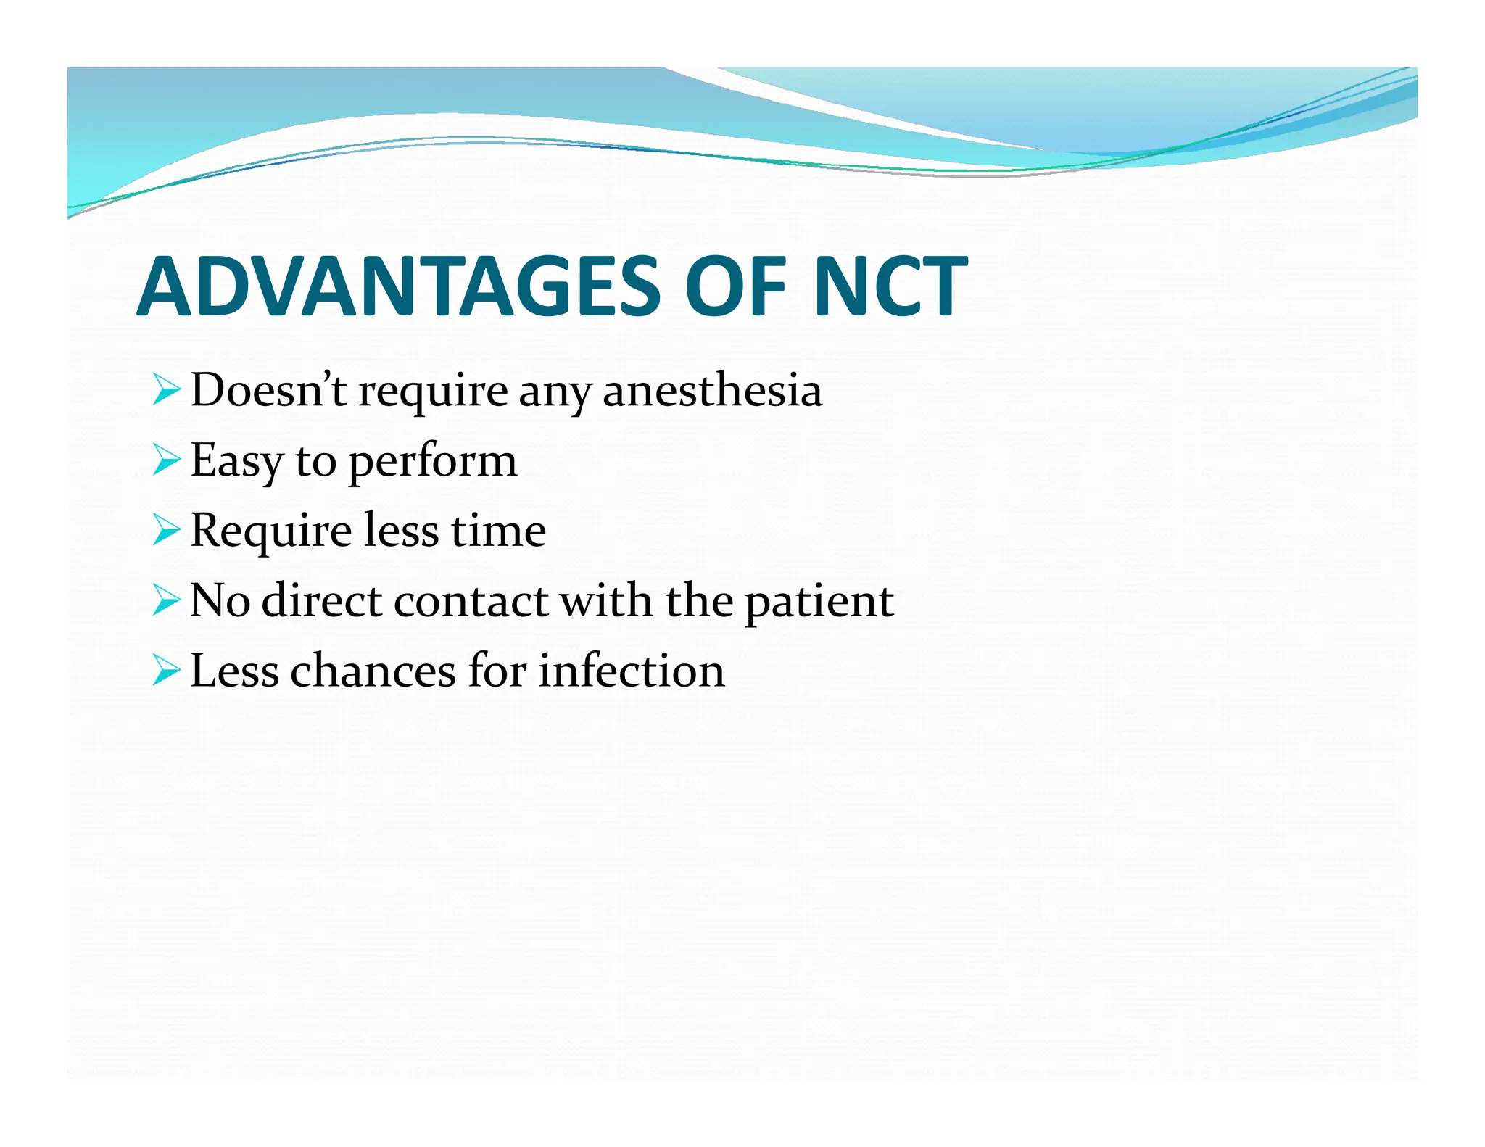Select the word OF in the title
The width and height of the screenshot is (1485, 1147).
point(736,287)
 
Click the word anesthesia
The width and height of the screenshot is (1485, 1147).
point(712,390)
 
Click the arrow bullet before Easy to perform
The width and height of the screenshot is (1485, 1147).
point(166,460)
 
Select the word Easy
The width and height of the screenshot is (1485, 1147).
point(236,461)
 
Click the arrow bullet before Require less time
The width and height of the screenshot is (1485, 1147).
point(166,531)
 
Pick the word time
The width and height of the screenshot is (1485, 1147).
point(498,530)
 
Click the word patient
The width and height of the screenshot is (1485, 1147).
point(819,602)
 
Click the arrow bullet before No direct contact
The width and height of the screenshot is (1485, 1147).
point(166,601)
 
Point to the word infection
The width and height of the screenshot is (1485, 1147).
point(631,670)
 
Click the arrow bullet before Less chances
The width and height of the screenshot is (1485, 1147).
point(166,671)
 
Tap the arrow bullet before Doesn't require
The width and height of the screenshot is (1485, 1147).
point(166,390)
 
